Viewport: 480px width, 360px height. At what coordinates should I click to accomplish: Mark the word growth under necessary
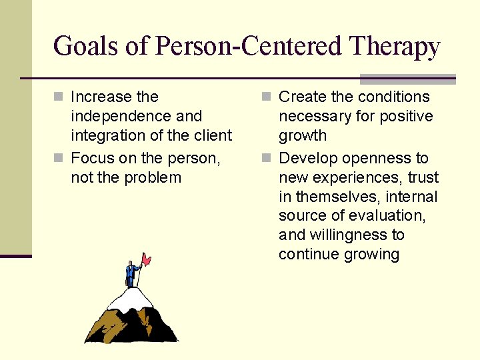point(303,135)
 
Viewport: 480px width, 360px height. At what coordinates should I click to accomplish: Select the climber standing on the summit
point(131,274)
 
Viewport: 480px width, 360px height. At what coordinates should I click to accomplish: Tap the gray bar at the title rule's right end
point(407,78)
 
